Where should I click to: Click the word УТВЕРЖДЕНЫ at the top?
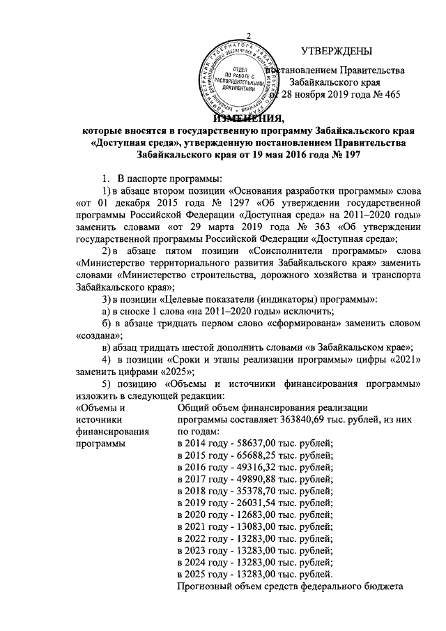click(x=337, y=50)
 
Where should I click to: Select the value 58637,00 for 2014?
click(x=253, y=444)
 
